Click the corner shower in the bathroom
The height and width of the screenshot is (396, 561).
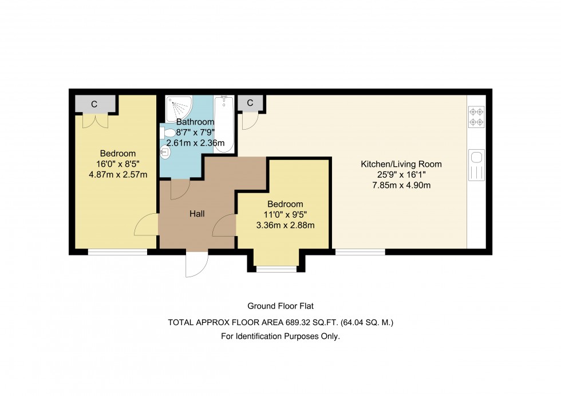point(179,108)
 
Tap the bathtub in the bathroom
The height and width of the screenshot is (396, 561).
point(224,124)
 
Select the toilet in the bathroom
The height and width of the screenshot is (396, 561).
point(167,133)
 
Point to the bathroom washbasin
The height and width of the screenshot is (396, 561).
point(165,153)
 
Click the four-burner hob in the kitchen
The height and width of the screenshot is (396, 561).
point(476,117)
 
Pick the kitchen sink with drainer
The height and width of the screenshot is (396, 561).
point(476,165)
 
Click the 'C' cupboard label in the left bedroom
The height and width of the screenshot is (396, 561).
point(94,104)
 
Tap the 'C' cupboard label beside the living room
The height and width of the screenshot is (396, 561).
point(250,103)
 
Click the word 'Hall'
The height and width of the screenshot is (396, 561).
point(197,214)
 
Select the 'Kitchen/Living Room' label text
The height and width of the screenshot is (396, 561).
point(401,164)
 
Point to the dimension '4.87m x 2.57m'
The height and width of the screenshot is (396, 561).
point(118,175)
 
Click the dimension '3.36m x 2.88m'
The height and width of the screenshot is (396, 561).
point(286,225)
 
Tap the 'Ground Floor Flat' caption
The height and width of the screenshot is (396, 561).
point(280,306)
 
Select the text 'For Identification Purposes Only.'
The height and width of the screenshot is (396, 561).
point(280,337)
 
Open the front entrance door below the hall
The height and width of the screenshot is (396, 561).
point(197,264)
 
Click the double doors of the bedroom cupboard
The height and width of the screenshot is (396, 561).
point(95,121)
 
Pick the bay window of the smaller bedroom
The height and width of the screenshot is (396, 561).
point(276,269)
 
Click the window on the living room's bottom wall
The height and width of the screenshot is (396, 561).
point(360,252)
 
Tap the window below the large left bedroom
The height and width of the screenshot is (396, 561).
point(118,252)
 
